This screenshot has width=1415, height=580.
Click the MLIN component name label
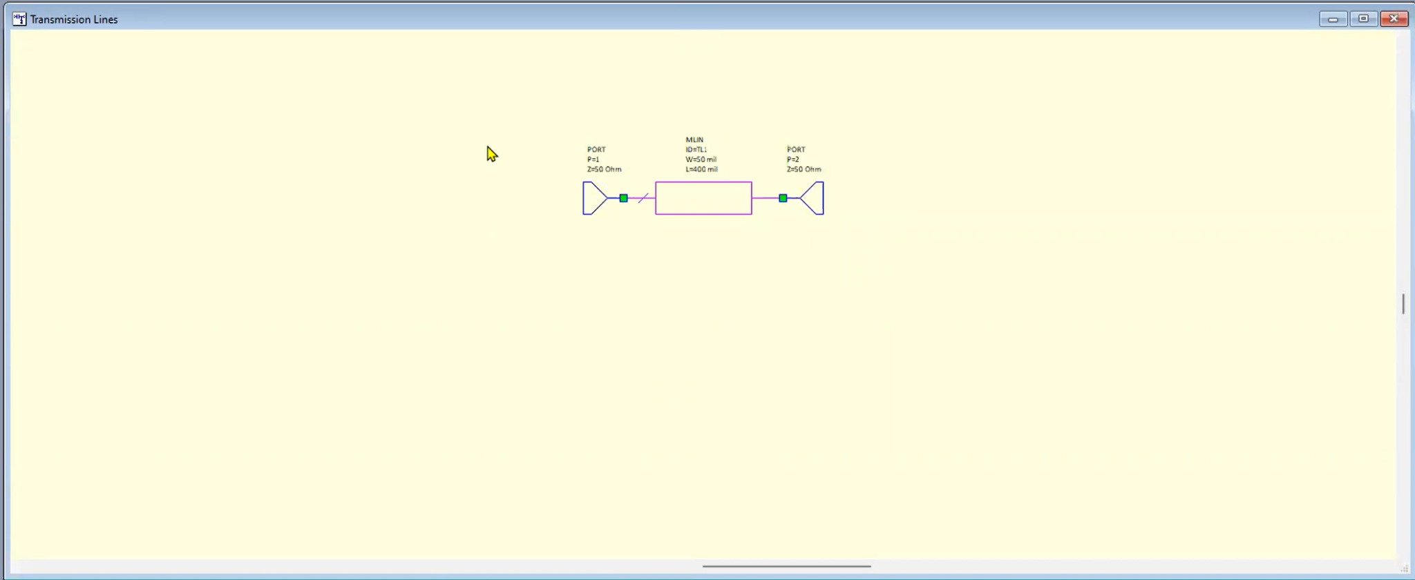[694, 139]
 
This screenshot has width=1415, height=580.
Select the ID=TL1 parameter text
[696, 149]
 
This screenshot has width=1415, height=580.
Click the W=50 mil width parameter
[701, 159]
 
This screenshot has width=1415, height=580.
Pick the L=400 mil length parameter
[701, 169]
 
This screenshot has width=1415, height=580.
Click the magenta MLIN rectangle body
[703, 198]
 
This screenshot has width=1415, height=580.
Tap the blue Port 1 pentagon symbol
[593, 198]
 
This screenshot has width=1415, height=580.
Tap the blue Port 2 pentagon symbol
[814, 198]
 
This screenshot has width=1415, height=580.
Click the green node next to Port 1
[623, 198]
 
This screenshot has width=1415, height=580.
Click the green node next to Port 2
[783, 198]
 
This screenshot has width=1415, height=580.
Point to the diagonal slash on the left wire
[643, 198]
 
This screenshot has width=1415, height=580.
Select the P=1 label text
[593, 159]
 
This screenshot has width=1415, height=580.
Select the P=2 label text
[792, 159]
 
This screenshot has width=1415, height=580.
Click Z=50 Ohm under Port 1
[604, 169]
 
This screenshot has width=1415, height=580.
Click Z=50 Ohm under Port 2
[804, 169]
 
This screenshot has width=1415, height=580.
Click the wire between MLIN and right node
[765, 198]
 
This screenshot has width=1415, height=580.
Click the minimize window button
[1333, 19]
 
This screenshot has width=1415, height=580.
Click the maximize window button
[1363, 19]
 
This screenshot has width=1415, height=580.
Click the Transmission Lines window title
[74, 19]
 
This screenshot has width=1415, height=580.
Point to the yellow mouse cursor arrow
[491, 154]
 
